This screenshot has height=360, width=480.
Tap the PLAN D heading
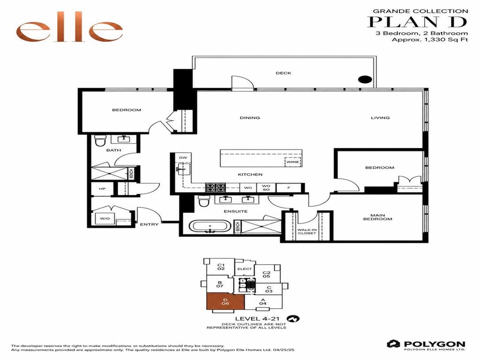click(417, 22)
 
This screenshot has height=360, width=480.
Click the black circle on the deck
click(365, 80)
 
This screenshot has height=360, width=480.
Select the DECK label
click(284, 73)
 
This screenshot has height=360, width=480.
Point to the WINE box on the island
click(293, 162)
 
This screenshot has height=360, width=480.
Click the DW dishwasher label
click(183, 157)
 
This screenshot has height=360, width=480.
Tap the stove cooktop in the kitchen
click(216, 187)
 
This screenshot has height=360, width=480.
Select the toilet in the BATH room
click(100, 141)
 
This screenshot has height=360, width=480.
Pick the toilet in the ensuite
click(203, 201)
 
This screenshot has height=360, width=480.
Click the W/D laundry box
click(105, 218)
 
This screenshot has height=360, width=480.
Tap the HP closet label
click(102, 189)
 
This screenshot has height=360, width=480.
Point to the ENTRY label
click(150, 225)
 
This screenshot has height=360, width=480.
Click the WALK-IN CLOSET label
click(307, 232)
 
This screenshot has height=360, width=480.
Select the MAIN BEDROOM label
click(378, 217)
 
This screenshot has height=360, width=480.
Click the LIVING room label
click(380, 118)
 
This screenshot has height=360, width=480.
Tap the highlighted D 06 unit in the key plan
click(225, 301)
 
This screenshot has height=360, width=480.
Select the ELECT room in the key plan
click(245, 269)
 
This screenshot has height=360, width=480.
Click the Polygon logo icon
click(393, 344)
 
